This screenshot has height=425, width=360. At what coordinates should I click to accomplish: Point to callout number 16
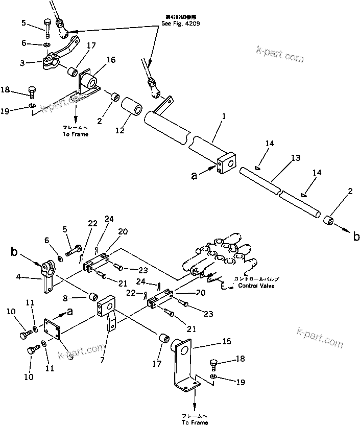111,60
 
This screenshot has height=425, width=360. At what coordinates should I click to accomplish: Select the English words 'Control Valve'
256,286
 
